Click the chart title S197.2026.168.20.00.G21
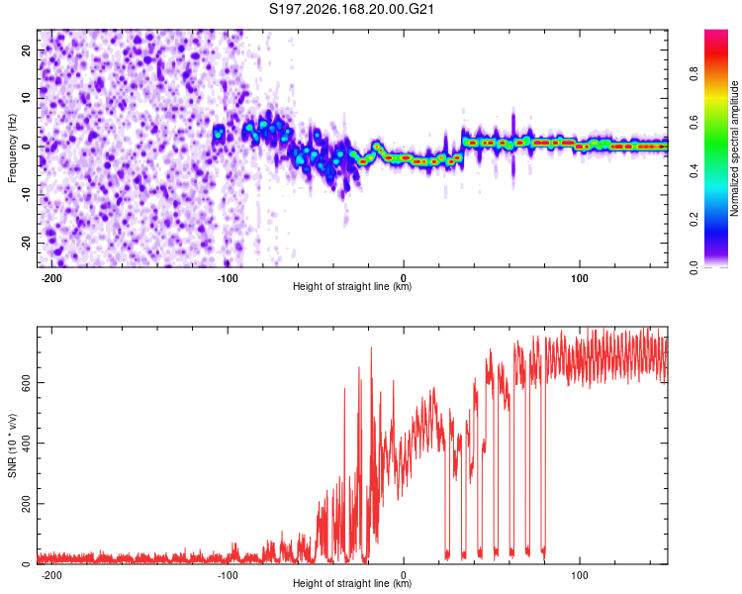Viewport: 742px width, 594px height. coord(351,9)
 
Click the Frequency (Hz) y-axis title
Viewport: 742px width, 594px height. coord(12,148)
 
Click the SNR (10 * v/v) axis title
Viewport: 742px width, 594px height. coord(12,445)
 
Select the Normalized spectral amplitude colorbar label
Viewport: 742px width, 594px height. coord(734,148)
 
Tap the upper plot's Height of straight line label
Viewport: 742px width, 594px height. coord(352,286)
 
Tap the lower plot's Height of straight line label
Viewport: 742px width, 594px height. coord(352,583)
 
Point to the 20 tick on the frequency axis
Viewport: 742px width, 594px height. coord(27,49)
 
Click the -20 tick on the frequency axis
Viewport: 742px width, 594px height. coord(27,243)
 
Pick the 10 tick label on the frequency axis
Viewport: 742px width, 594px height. coord(27,98)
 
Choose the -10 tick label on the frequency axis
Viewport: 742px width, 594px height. coord(27,195)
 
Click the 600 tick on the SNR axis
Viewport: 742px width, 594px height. coord(27,383)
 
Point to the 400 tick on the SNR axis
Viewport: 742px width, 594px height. coord(27,443)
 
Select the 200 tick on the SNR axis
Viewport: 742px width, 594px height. coord(27,504)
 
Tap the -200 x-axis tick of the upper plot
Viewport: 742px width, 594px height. coord(51,278)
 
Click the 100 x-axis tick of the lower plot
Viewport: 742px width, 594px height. coord(579,575)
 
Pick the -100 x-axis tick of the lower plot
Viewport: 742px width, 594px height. coord(228,575)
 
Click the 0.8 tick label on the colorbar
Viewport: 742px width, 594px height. coord(694,74)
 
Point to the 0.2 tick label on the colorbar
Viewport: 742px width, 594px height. coord(694,220)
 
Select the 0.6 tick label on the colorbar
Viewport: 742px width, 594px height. coord(694,122)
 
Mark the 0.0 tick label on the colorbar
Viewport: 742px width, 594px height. coord(694,267)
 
